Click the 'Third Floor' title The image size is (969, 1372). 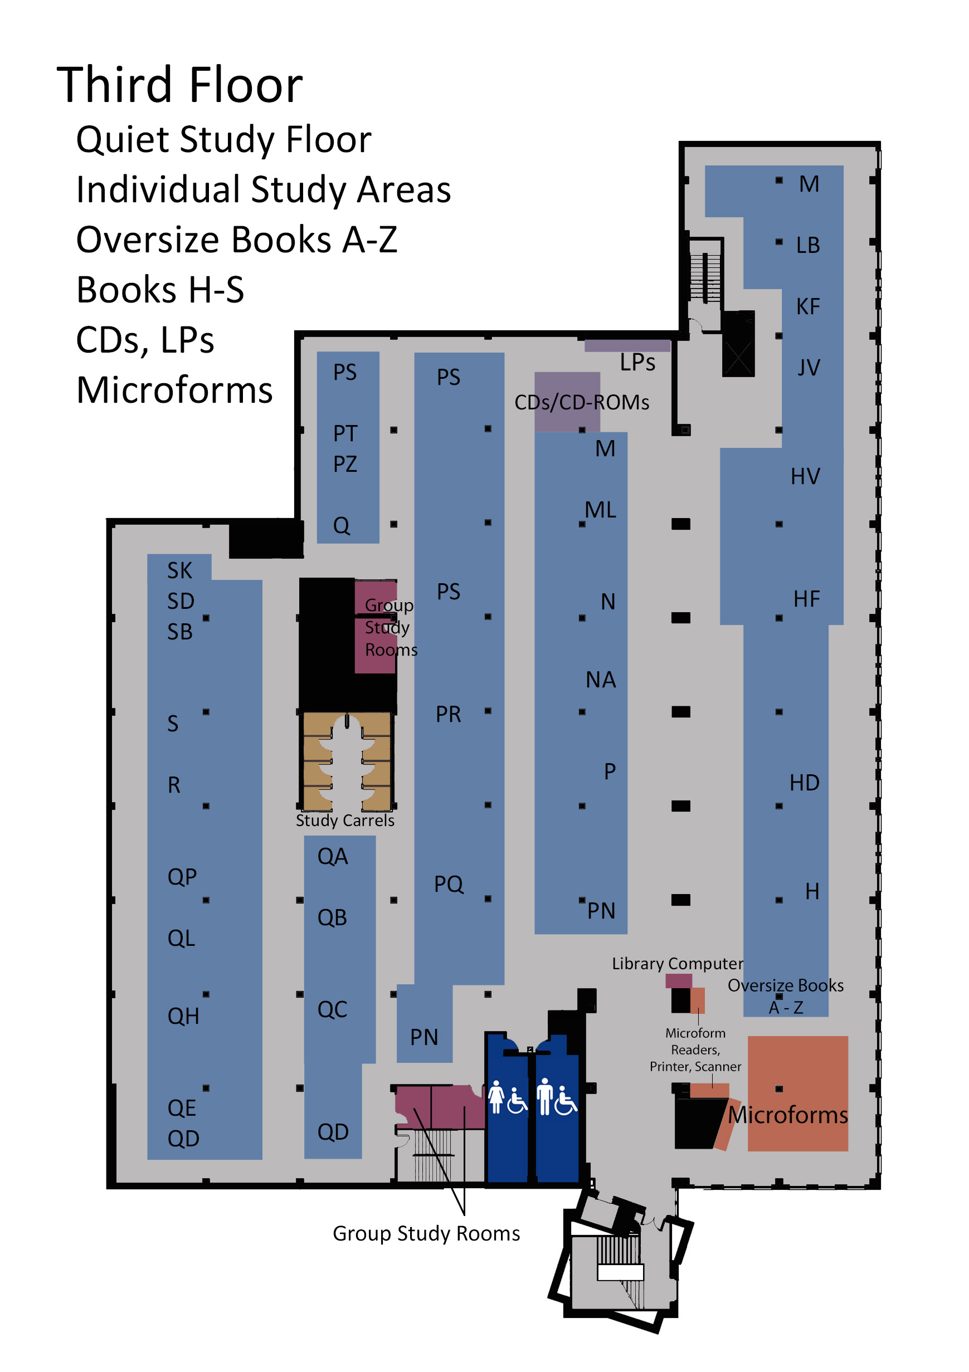click(x=180, y=85)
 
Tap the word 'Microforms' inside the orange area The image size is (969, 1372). click(x=788, y=1115)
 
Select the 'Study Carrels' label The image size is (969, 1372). click(x=345, y=821)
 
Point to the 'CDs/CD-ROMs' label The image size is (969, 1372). click(x=582, y=402)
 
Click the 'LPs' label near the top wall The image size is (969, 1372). click(x=637, y=362)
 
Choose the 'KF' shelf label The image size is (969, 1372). click(x=807, y=306)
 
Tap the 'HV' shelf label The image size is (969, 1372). click(x=805, y=476)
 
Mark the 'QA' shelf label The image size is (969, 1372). click(x=332, y=856)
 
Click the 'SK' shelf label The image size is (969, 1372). click(x=179, y=570)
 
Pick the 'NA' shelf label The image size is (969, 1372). click(x=601, y=680)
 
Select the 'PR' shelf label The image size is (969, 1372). click(x=449, y=714)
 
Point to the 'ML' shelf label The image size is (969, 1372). click(x=600, y=510)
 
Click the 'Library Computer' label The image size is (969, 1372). click(x=677, y=963)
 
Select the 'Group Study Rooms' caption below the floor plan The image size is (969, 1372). click(x=426, y=1233)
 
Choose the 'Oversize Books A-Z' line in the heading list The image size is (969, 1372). click(x=237, y=240)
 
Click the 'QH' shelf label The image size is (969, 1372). click(x=183, y=1016)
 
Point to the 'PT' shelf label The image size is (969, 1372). click(x=345, y=433)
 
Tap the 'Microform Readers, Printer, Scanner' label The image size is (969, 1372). click(x=695, y=1049)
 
